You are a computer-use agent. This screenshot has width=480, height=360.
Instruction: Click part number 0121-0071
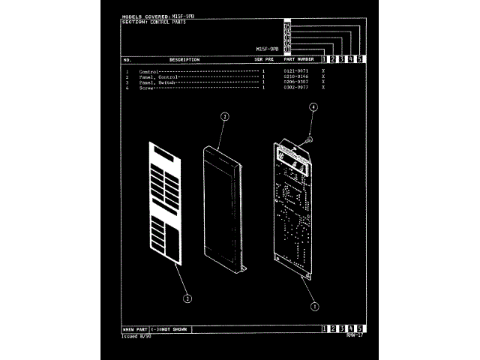pos(296,71)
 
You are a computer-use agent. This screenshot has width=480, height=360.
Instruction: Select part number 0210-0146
pos(296,76)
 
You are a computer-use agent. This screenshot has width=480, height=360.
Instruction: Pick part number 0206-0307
pos(296,82)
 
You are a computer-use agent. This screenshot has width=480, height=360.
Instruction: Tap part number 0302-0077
pos(296,88)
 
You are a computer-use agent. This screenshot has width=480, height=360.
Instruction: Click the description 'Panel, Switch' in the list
pos(157,82)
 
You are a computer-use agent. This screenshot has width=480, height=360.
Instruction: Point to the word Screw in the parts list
pos(146,88)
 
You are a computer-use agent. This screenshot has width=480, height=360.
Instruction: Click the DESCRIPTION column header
pos(184,59)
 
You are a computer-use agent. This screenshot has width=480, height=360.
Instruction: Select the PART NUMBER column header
pos(298,59)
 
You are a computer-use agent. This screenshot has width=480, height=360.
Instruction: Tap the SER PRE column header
pos(264,59)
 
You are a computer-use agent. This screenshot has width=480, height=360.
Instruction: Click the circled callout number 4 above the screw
pos(313,108)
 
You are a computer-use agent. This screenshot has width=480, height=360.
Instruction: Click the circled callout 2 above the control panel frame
pos(223,116)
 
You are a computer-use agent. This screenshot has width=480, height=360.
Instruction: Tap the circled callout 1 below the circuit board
pos(314,305)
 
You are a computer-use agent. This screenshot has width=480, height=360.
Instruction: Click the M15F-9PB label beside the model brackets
pos(267,49)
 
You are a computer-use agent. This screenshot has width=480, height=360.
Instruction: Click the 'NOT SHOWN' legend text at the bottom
pos(172,329)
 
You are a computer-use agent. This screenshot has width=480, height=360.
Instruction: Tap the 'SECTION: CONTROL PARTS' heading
pos(154,22)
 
